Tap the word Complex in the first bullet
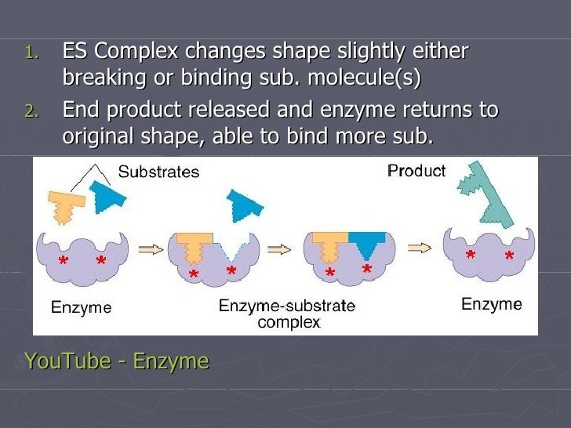(138, 53)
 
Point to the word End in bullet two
(81, 110)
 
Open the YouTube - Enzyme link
(117, 361)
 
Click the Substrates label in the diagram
(158, 171)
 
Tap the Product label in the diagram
(416, 170)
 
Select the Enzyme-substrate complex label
(286, 314)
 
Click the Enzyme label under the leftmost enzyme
(81, 307)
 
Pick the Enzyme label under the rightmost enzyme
(491, 304)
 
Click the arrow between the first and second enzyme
(149, 249)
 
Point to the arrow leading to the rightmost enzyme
(420, 248)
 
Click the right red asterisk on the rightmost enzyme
(509, 257)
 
